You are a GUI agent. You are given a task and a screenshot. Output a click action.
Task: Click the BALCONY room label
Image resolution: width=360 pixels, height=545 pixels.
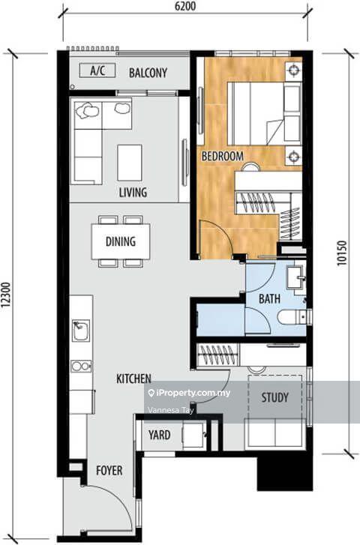click(148, 73)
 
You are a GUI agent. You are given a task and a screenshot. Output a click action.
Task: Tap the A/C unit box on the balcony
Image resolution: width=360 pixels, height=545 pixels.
click(97, 70)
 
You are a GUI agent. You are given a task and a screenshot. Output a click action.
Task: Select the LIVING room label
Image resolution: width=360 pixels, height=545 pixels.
click(133, 192)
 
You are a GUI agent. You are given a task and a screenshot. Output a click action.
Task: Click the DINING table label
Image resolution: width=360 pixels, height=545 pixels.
click(121, 241)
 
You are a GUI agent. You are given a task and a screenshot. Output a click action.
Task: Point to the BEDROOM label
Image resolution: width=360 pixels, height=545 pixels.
click(223, 156)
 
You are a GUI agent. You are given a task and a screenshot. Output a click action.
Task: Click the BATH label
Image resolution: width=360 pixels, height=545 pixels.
click(269, 298)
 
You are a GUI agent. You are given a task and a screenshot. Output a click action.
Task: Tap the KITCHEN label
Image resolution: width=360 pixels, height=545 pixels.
click(134, 379)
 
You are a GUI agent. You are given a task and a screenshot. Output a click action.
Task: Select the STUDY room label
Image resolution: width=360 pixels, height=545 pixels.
click(274, 397)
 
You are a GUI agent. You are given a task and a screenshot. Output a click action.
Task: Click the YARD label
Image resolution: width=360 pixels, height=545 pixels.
click(159, 435)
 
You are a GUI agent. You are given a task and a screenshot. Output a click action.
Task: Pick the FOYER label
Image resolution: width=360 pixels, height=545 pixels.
click(109, 471)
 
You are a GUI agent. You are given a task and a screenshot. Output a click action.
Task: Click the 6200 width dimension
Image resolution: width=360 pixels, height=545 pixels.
click(184, 6)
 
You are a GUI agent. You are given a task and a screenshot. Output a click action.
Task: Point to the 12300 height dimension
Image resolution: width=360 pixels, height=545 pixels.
click(6, 295)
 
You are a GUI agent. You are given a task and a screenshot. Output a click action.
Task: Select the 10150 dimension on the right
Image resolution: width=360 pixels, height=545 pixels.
click(342, 253)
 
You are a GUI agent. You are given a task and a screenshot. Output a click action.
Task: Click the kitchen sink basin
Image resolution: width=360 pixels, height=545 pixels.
click(81, 330)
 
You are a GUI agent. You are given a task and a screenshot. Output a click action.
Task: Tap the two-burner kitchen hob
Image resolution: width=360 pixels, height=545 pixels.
click(81, 366)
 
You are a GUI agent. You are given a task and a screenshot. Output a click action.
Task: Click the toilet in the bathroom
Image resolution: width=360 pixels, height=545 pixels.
click(292, 317)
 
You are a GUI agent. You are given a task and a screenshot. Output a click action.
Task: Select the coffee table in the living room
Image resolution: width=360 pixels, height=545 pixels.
click(130, 163)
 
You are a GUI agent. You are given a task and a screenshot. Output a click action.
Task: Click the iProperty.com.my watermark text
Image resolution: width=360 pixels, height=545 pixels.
click(189, 393)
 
